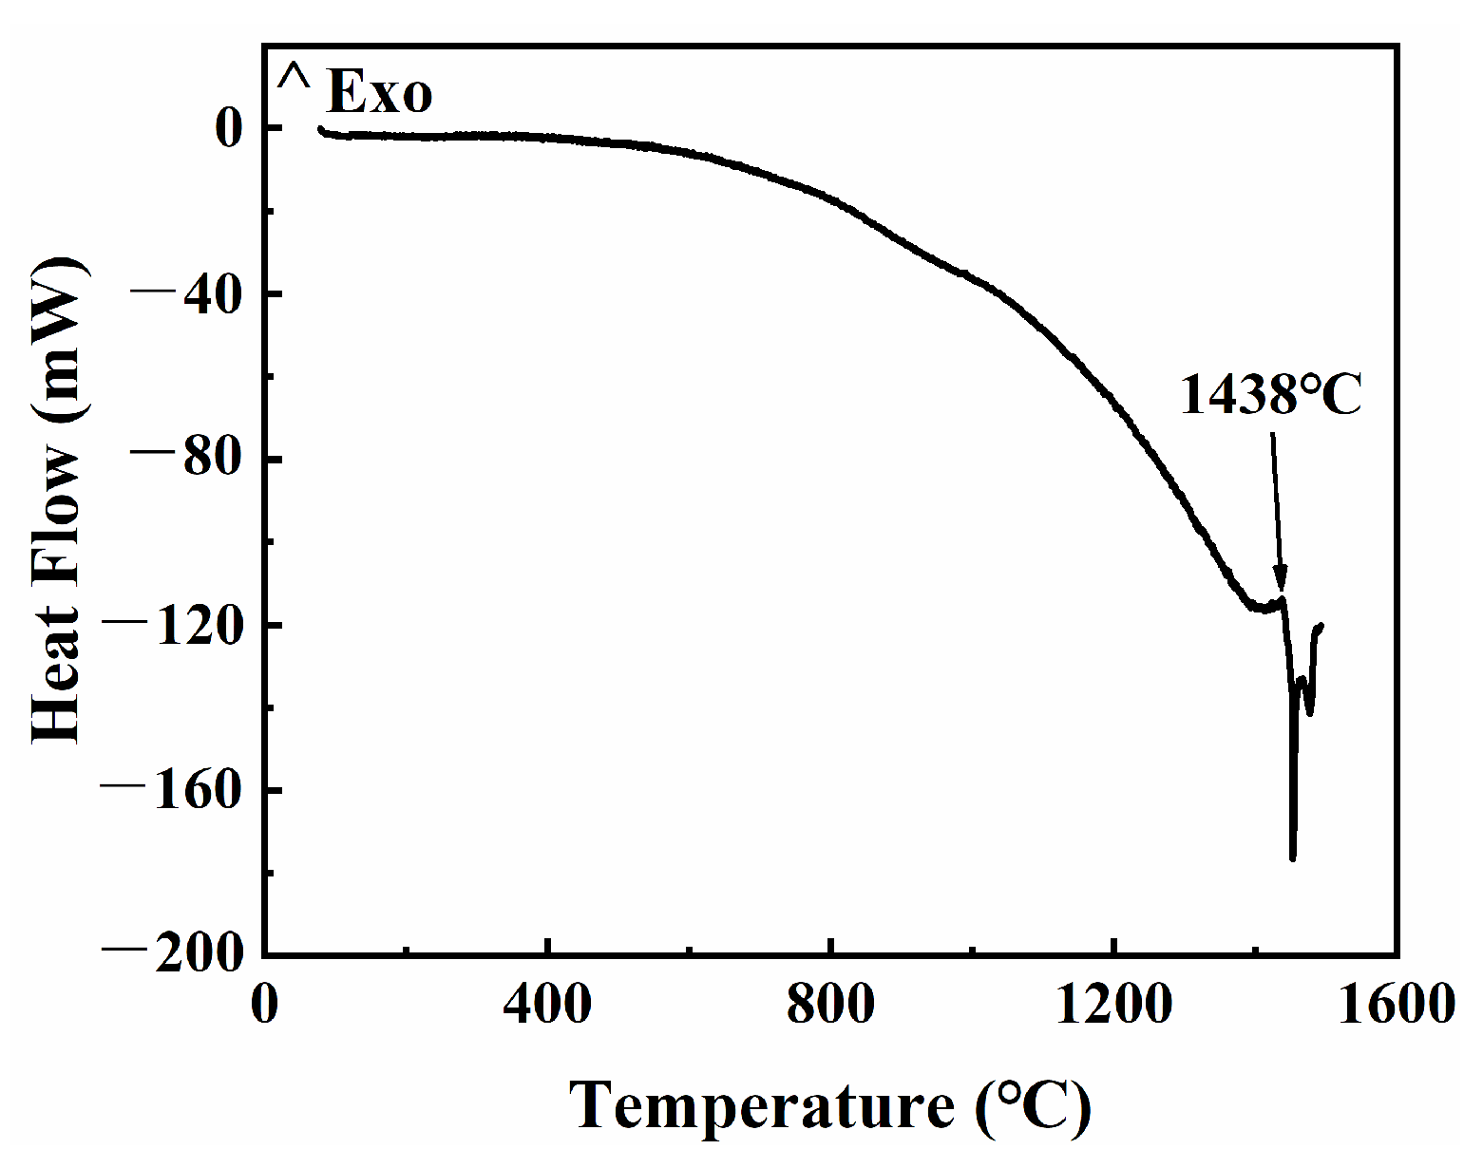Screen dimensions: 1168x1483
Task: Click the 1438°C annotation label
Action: [1271, 395]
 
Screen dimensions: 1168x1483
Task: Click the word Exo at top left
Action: [380, 93]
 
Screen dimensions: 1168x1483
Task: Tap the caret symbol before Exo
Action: [294, 78]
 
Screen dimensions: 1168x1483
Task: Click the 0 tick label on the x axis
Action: [264, 1004]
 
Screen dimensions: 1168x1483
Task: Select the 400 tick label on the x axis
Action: [547, 1004]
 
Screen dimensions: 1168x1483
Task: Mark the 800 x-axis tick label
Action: [830, 1004]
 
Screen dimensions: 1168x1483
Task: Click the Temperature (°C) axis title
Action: [830, 1106]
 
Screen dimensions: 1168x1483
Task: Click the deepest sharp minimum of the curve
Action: [1293, 858]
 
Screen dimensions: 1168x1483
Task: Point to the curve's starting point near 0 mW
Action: [320, 128]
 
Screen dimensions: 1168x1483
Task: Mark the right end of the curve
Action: [1321, 626]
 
